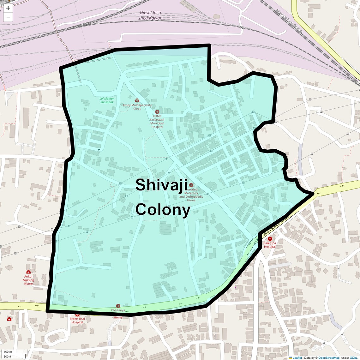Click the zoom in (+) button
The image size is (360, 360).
pos(8,8)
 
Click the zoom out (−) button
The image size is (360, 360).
pos(8,17)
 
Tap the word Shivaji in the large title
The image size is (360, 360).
pos(161,185)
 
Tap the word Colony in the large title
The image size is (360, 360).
pos(163,209)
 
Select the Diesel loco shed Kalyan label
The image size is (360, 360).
pos(150,15)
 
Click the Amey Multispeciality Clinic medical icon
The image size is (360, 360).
pos(137,100)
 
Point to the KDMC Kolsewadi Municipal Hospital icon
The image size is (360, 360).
pos(157,112)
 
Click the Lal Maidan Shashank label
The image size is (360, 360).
pos(107,100)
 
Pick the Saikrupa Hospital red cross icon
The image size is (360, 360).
pos(270,239)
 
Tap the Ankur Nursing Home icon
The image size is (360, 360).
pos(28,272)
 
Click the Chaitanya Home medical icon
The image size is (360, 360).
pos(118,306)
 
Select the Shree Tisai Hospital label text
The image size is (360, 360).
pos(77,321)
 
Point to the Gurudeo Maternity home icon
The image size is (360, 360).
pos(191,185)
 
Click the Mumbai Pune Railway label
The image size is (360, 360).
pos(290,21)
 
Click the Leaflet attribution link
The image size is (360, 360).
pos(297,358)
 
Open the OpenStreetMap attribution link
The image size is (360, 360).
pos(328,358)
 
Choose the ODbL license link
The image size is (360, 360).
pos(353,358)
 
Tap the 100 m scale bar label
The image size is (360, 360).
pos(8,352)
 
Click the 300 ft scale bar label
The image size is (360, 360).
pos(8,357)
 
